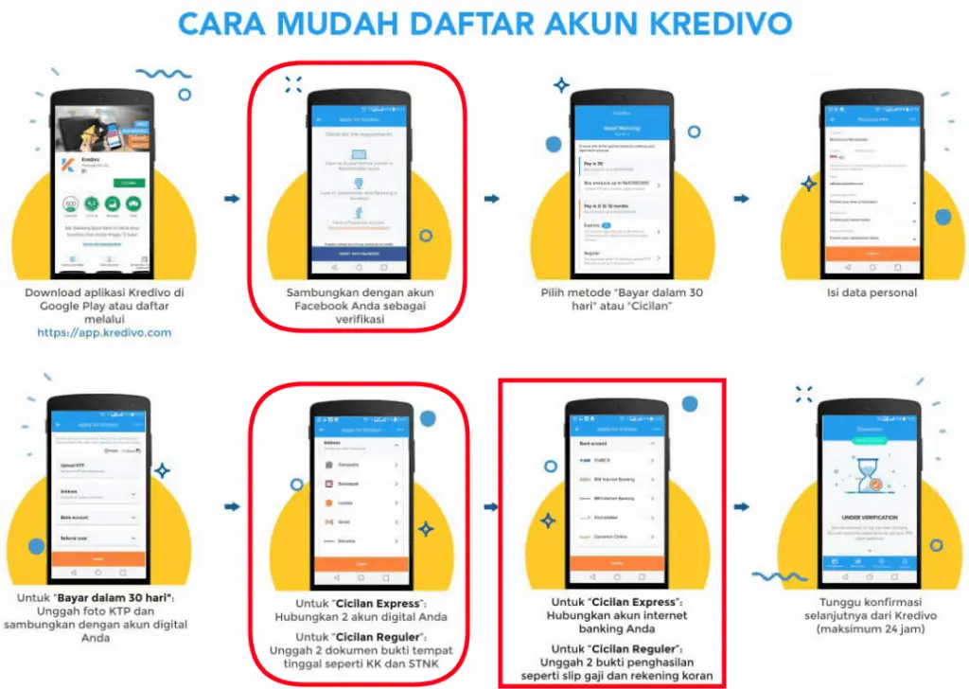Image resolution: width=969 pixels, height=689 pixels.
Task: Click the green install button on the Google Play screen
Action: tap(123, 182)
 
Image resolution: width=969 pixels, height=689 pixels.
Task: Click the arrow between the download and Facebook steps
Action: tap(231, 198)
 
